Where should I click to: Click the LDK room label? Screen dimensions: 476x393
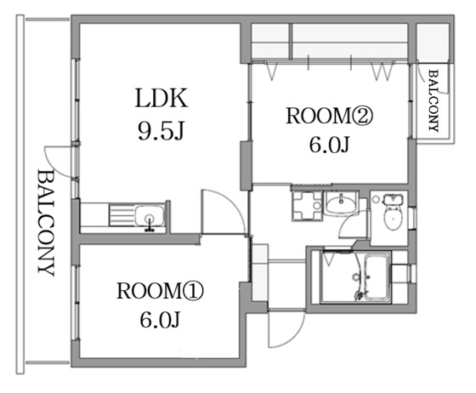click(161, 98)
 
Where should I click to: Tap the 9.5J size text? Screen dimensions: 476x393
click(161, 131)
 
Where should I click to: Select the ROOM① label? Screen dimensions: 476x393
click(160, 291)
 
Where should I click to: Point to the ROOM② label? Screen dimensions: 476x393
click(329, 116)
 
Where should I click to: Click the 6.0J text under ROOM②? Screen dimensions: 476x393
click(329, 145)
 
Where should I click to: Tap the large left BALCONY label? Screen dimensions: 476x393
click(46, 223)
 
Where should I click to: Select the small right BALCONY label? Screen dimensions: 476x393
click(433, 100)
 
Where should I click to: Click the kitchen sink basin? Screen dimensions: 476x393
click(150, 215)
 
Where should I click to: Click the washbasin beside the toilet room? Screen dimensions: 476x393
click(341, 202)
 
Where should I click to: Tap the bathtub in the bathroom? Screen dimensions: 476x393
click(377, 277)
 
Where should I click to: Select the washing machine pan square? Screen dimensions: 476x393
click(307, 206)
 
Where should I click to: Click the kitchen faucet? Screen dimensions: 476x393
click(150, 224)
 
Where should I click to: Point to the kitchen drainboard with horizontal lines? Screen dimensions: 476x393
click(122, 215)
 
